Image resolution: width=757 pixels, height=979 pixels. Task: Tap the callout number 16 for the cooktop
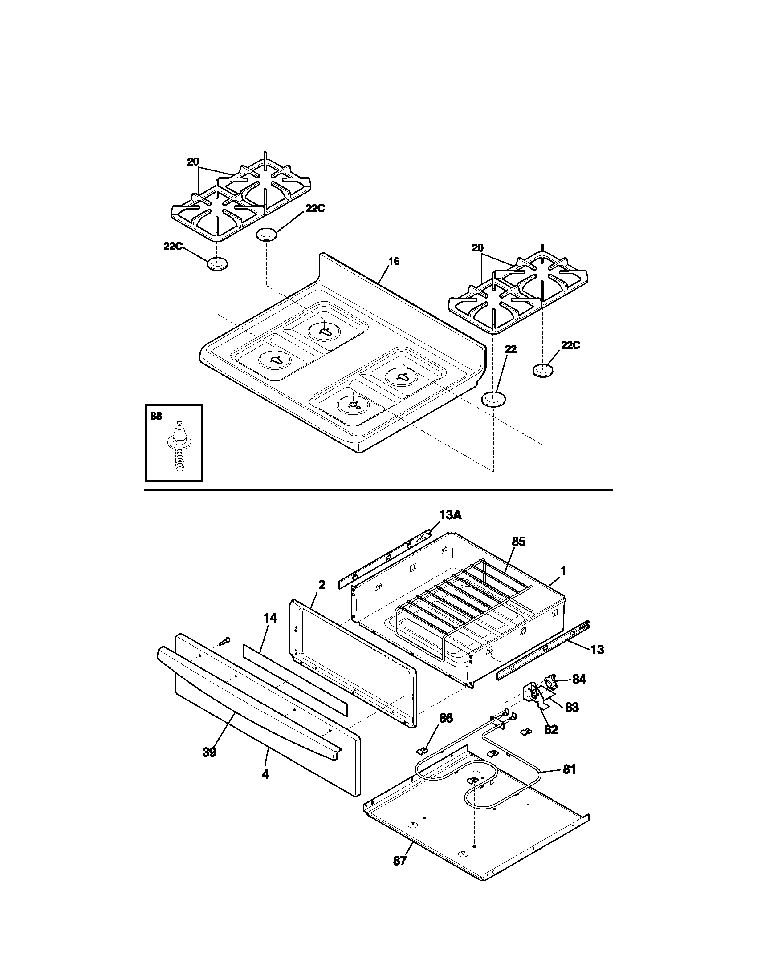coord(393,261)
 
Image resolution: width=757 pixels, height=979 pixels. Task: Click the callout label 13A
coord(450,515)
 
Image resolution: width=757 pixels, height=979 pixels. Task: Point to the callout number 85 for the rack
coord(518,542)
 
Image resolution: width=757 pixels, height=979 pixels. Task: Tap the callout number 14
coord(270,618)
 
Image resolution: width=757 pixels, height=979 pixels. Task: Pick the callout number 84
coord(579,679)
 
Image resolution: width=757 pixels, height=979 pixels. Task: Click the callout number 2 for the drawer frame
coord(322,585)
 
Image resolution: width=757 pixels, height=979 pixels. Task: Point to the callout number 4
coord(265,774)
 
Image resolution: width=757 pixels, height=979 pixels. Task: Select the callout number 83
coord(572,708)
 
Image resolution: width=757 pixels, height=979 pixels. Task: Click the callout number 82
coord(551,729)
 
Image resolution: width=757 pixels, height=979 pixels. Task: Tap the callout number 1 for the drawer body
coord(563,571)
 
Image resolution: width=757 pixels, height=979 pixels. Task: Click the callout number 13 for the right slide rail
coord(597,649)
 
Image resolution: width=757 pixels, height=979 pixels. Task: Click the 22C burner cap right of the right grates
coord(543,371)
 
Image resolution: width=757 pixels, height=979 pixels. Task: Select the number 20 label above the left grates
coord(193,162)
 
